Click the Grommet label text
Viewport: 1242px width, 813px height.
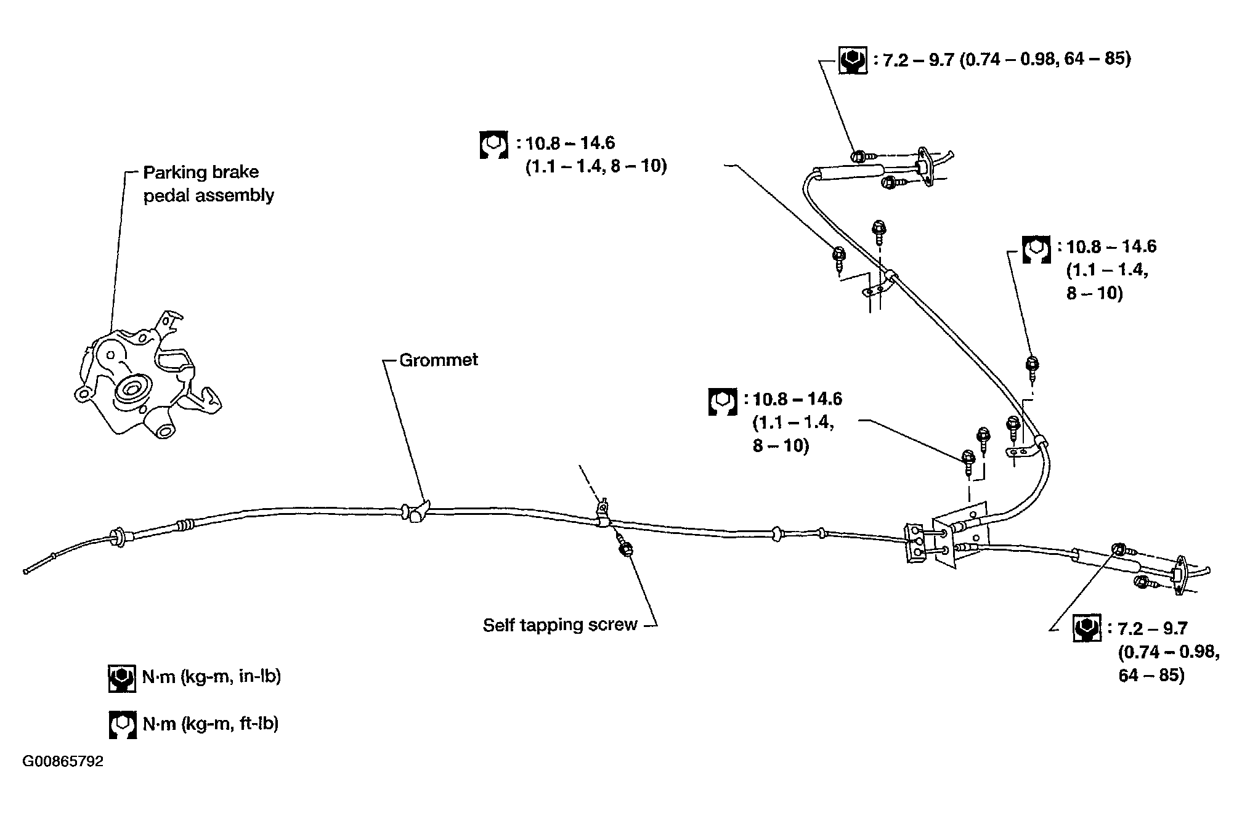point(438,360)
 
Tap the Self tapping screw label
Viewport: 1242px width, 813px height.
point(560,625)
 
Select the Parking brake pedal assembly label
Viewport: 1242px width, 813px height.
point(209,184)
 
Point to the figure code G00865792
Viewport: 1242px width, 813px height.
point(63,762)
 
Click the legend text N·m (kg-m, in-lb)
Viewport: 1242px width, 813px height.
point(211,676)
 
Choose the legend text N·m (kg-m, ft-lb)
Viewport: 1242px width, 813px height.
point(211,723)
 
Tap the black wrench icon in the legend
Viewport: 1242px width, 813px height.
point(122,678)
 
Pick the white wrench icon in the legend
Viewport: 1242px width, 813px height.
point(122,725)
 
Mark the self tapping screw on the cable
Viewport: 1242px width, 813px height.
point(625,548)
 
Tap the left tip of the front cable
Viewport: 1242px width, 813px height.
point(26,572)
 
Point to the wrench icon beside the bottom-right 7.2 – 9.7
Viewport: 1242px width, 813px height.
point(1087,628)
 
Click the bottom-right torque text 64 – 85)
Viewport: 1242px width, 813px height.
point(1151,675)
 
